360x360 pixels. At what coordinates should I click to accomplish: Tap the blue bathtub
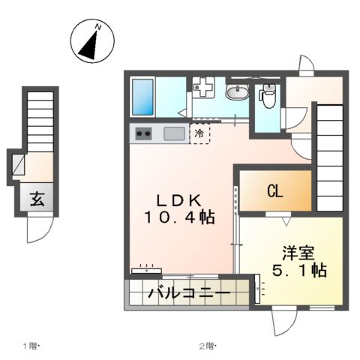[x=142, y=96]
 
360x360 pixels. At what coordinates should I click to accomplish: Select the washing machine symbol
[x=203, y=88]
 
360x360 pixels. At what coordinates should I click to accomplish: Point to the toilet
[x=268, y=94]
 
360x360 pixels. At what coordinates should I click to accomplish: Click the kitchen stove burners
[x=144, y=134]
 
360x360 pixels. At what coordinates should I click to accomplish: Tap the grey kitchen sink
[x=174, y=134]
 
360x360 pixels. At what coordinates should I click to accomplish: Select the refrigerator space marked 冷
[x=199, y=133]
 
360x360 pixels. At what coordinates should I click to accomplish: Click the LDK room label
[x=178, y=201]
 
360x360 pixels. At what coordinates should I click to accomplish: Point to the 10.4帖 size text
[x=180, y=218]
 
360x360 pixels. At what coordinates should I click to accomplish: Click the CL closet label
[x=275, y=192]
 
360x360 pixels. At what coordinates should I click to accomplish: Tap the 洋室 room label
[x=297, y=253]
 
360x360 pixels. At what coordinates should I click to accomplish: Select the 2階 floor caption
[x=207, y=346]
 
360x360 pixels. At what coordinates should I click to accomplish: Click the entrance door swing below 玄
[x=40, y=228]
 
